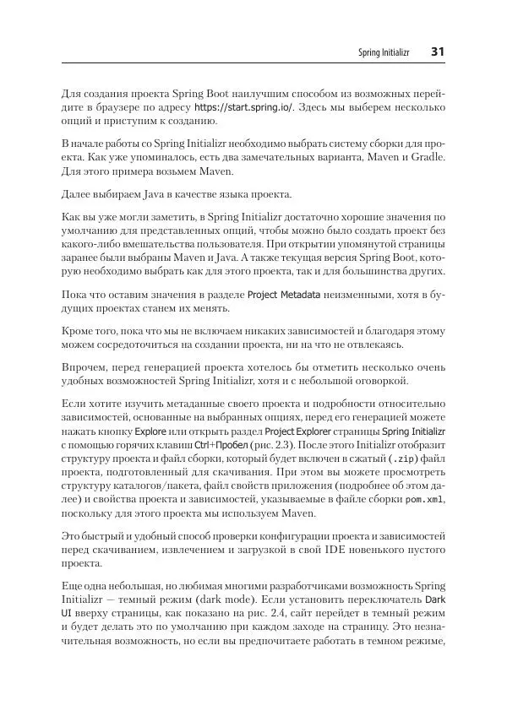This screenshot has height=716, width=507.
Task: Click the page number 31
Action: (438, 52)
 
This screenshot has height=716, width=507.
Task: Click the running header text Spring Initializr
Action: (383, 52)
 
